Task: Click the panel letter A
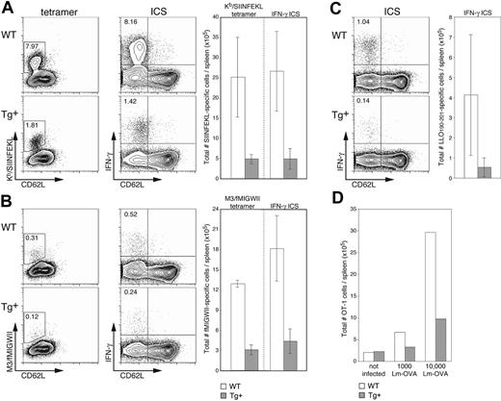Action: click(x=8, y=9)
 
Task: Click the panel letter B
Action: click(x=8, y=205)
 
